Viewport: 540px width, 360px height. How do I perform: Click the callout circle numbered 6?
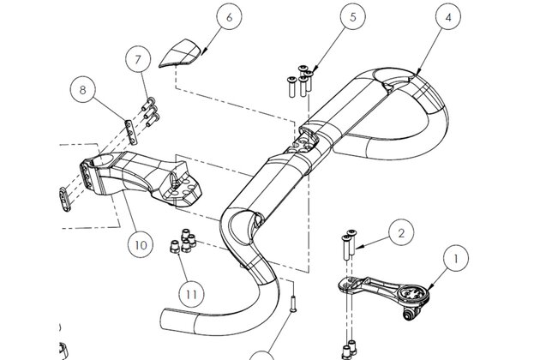point(230,17)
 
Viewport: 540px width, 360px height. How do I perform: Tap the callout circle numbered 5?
point(352,17)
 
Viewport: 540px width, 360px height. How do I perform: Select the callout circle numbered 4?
point(447,17)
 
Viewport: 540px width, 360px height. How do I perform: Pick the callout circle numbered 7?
point(138,60)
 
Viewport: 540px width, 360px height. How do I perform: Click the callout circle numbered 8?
point(82,90)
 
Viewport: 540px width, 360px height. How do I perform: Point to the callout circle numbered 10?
point(141,245)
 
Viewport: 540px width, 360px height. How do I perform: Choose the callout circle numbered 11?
point(191,295)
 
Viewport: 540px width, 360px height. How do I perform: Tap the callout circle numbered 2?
point(401,233)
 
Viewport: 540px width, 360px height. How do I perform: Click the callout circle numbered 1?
point(456,258)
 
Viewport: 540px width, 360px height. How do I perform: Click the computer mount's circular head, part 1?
point(414,293)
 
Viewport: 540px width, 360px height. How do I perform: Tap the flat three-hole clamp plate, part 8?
point(131,132)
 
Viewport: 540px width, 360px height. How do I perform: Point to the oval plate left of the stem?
point(65,199)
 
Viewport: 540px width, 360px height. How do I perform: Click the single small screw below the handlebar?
point(293,303)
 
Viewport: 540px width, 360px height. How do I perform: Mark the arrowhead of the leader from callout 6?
point(202,53)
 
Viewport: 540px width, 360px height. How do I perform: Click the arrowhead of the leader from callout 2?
point(357,247)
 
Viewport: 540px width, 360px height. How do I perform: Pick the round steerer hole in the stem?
point(105,160)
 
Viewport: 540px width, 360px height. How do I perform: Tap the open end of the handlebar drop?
point(166,319)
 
